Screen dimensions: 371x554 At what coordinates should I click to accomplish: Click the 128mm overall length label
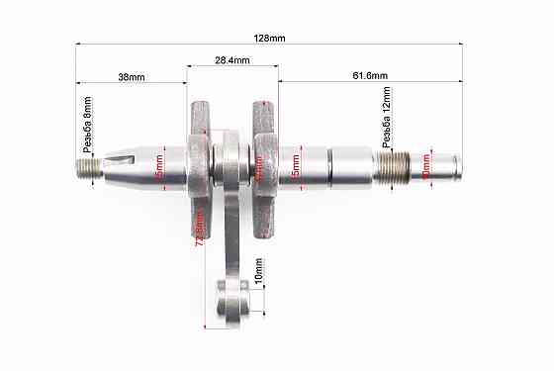[x=269, y=38]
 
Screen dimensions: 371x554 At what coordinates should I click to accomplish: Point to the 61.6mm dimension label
[x=370, y=76]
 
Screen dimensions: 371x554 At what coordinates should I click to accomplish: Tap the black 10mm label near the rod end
[x=258, y=269]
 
